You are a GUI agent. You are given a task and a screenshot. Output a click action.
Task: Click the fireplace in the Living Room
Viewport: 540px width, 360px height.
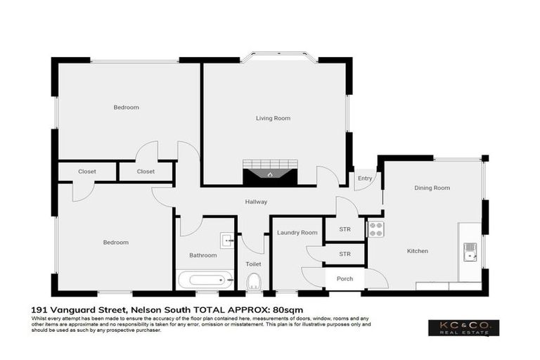271,172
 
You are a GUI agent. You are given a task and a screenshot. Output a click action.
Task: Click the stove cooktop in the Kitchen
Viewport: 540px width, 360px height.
376,229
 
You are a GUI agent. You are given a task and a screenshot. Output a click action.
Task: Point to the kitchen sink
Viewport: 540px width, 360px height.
470,251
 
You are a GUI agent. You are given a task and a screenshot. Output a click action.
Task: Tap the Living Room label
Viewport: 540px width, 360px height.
273,118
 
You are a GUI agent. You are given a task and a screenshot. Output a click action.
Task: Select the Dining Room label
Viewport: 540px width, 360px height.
432,188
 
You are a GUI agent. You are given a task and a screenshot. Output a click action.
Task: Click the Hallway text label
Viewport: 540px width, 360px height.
256,202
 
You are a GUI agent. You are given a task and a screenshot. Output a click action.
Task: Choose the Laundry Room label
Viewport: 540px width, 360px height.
297,232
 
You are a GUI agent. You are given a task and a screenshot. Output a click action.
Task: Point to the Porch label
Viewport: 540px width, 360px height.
345,278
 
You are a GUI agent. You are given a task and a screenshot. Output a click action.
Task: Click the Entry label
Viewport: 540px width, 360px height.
364,179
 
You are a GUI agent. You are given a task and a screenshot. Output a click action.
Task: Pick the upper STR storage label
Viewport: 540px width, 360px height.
345,229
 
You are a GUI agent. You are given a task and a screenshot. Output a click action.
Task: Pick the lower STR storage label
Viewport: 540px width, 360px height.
345,254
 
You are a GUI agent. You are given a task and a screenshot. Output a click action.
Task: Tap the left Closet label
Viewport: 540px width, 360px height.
87,172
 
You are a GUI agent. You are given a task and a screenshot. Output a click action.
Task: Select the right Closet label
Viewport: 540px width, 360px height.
146,172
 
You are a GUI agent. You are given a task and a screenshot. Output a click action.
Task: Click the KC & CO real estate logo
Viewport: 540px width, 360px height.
463,328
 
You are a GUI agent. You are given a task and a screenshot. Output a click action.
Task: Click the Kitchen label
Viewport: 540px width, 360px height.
417,251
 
